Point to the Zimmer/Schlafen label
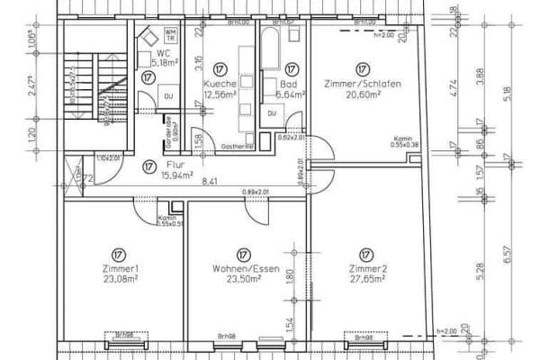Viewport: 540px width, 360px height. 363,82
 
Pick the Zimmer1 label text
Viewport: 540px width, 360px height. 120,269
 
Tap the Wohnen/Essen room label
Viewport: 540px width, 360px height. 242,269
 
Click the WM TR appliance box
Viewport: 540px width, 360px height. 171,37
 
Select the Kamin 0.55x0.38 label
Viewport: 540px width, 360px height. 400,142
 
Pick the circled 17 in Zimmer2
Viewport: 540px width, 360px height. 365,253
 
